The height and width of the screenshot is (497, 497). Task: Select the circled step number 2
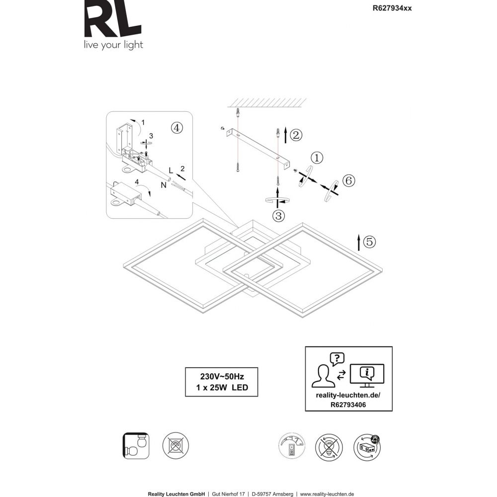(x=296, y=134)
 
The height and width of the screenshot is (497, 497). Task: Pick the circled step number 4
(x=176, y=127)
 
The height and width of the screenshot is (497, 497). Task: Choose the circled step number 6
(x=347, y=181)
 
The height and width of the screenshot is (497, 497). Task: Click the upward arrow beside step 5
(x=358, y=242)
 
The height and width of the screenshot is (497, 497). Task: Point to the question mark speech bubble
(x=337, y=358)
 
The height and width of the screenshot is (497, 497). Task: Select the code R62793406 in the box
(x=348, y=405)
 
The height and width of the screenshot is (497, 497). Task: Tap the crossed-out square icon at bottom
(x=176, y=446)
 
